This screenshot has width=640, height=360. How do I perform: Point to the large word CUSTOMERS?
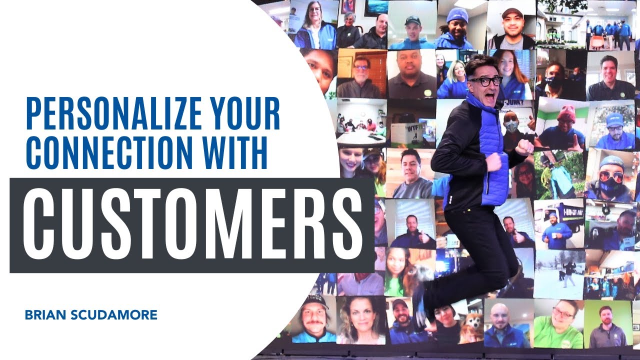192,225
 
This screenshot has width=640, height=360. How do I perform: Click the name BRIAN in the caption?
44,315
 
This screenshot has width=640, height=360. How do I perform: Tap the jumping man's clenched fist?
524,147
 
